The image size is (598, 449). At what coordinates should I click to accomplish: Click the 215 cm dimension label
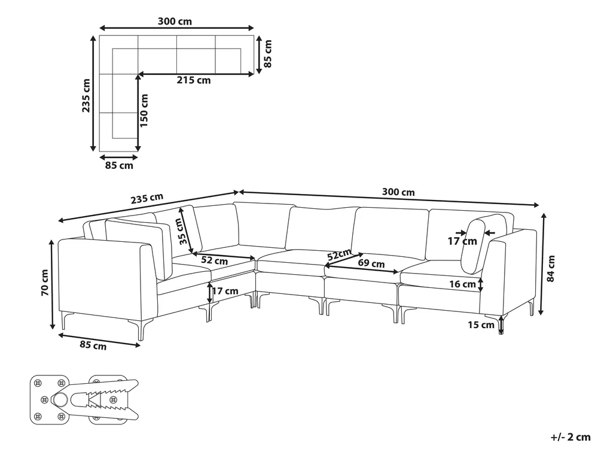coord(193,80)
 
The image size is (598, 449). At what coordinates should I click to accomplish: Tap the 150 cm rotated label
coord(144,111)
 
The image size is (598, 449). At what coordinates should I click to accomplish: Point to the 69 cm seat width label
coord(371,263)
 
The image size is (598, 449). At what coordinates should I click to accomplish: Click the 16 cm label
coord(462,284)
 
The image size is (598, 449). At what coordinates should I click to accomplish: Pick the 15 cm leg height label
coord(481,325)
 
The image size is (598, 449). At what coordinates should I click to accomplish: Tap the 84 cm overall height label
coord(551,269)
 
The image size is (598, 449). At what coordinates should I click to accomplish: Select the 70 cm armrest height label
coord(44,283)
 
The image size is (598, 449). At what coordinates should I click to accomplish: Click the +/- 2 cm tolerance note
coord(570,437)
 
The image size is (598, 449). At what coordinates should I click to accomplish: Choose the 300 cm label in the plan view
coord(175,22)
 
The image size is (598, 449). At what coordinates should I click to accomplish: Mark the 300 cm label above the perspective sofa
coord(398,192)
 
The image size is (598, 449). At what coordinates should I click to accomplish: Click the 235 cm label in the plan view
coord(86,95)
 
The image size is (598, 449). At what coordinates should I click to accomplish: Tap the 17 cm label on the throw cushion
coord(462,241)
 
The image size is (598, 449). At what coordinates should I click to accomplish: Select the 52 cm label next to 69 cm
coord(338,254)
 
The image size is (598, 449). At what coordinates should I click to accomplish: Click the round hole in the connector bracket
coord(60,400)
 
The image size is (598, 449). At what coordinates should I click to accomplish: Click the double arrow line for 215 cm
coord(196,73)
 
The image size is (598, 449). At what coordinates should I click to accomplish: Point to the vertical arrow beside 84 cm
coord(541,265)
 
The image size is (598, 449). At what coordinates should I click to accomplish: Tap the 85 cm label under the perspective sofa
coord(93,345)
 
